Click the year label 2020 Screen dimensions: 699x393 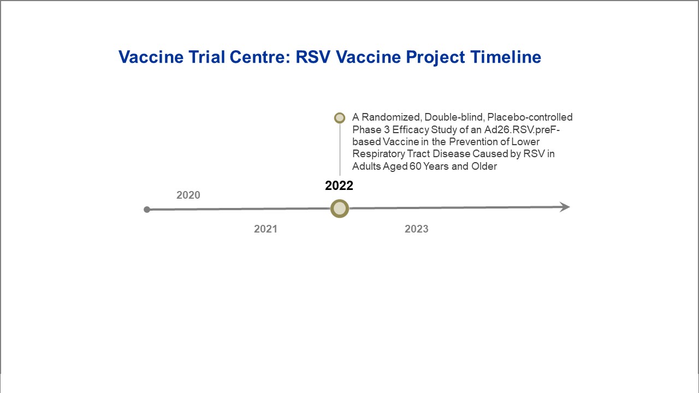(188, 195)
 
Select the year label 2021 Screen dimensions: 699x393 (265, 229)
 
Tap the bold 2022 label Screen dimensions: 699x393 (339, 186)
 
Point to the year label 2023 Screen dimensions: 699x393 (417, 229)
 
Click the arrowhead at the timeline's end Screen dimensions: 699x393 (565, 207)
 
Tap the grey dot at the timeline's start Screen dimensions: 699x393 (147, 210)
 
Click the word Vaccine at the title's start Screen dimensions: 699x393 (151, 57)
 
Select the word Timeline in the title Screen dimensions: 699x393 (506, 57)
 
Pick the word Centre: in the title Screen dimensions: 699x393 (260, 57)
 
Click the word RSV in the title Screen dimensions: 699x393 (313, 57)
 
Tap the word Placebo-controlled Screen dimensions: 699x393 (530, 117)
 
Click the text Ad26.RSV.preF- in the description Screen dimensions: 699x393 (522, 129)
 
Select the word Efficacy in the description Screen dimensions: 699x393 (410, 130)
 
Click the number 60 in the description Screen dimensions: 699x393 (416, 166)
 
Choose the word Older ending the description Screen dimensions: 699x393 (484, 166)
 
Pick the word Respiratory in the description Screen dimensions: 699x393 (378, 154)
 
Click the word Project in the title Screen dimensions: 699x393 (435, 58)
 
